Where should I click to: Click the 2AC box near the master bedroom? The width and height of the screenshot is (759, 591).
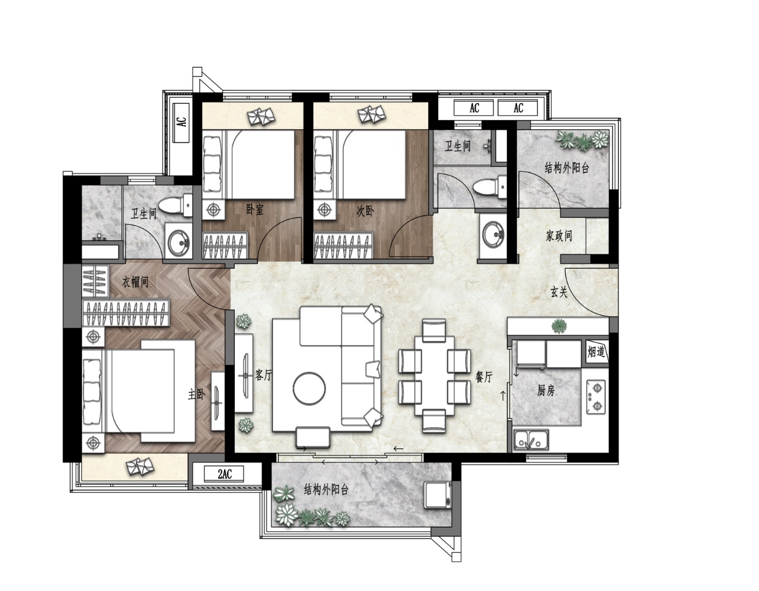pyautogui.click(x=225, y=474)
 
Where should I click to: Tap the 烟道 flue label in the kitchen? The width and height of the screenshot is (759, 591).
pyautogui.click(x=596, y=352)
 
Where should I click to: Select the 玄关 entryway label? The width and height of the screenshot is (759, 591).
pyautogui.click(x=559, y=292)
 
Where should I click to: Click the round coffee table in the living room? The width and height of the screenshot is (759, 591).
pyautogui.click(x=310, y=388)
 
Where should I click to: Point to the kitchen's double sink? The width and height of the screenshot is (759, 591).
pyautogui.click(x=531, y=439)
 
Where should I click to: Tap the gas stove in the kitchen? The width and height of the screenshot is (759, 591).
pyautogui.click(x=596, y=396)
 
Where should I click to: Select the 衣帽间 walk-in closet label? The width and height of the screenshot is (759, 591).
pyautogui.click(x=135, y=282)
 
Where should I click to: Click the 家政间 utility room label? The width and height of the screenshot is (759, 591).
pyautogui.click(x=559, y=236)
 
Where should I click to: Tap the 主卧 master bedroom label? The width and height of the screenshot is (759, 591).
pyautogui.click(x=197, y=394)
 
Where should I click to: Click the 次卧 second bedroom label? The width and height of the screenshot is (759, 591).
pyautogui.click(x=365, y=211)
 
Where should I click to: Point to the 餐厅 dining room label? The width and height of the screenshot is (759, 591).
pyautogui.click(x=484, y=376)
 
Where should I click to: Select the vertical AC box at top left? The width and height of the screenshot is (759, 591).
pyautogui.click(x=181, y=123)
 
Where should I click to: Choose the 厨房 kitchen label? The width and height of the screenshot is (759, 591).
pyautogui.click(x=546, y=391)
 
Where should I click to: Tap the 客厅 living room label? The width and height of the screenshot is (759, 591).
pyautogui.click(x=263, y=375)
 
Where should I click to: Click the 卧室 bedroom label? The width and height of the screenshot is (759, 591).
pyautogui.click(x=254, y=209)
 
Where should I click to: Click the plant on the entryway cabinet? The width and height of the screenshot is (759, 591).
pyautogui.click(x=559, y=326)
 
